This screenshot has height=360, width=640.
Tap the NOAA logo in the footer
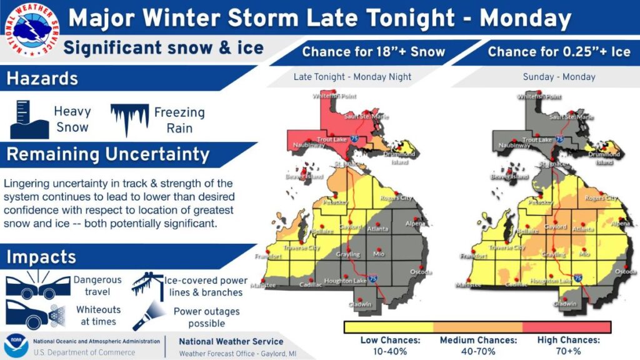(x=16, y=346)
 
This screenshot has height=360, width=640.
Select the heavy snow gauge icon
(x=29, y=119)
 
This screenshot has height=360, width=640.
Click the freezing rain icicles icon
(x=129, y=119)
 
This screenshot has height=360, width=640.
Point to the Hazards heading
(x=42, y=79)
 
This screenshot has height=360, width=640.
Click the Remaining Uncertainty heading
(x=107, y=154)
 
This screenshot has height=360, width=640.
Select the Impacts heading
(x=41, y=256)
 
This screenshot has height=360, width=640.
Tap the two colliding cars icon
(x=37, y=286)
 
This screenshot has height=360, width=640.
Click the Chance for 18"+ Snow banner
(x=373, y=52)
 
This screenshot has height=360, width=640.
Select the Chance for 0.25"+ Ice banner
(x=551, y=52)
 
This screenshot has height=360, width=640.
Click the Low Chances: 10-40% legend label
(x=390, y=346)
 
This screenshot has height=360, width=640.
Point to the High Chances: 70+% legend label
(x=568, y=346)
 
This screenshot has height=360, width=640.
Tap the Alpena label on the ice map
(x=620, y=224)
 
